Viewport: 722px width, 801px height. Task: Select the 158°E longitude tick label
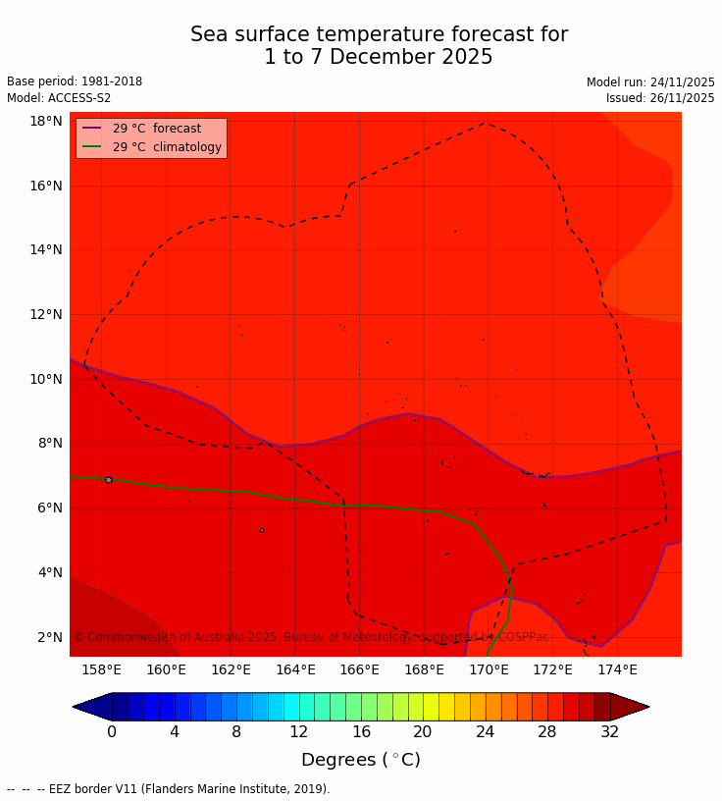click(x=101, y=669)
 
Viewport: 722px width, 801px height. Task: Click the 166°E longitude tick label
click(x=359, y=669)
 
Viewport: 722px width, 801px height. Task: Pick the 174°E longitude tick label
click(x=617, y=669)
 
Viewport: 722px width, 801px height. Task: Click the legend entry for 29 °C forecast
click(x=156, y=129)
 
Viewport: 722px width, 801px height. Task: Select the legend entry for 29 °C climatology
click(x=167, y=147)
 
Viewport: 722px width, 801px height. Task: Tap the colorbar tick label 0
click(x=112, y=731)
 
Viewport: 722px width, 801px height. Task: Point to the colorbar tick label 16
click(x=361, y=731)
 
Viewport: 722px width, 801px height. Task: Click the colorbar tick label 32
click(x=610, y=731)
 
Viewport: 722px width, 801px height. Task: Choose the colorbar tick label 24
click(x=486, y=731)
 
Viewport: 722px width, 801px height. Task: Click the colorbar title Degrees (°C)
click(x=360, y=760)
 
